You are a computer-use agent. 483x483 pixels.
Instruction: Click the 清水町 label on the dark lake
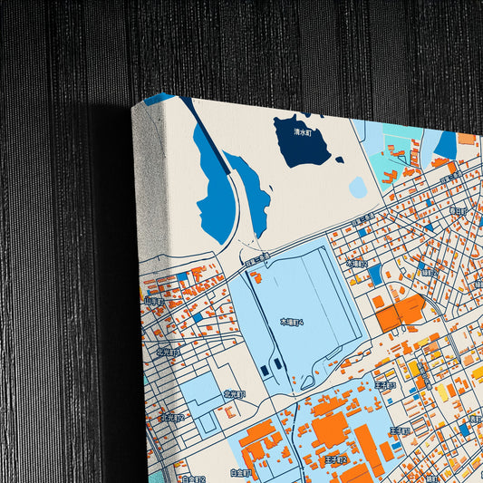pos(302,132)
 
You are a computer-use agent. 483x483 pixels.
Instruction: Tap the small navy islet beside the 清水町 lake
pos(339,160)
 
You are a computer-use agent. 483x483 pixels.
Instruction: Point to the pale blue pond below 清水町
pos(358,188)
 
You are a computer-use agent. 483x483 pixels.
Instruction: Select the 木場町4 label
pos(292,322)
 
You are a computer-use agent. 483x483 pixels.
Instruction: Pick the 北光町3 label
pos(169,353)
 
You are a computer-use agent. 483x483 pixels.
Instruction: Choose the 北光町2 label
pos(173,418)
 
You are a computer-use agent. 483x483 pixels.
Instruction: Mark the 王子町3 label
pos(386,385)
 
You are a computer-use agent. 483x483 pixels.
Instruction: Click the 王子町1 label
pos(400,430)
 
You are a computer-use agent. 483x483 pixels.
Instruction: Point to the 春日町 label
pos(457,210)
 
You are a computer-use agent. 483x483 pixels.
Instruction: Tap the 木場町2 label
pos(357,265)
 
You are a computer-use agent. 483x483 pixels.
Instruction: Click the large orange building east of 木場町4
pos(400,312)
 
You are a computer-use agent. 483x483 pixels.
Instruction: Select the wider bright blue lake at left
pos(212,186)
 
